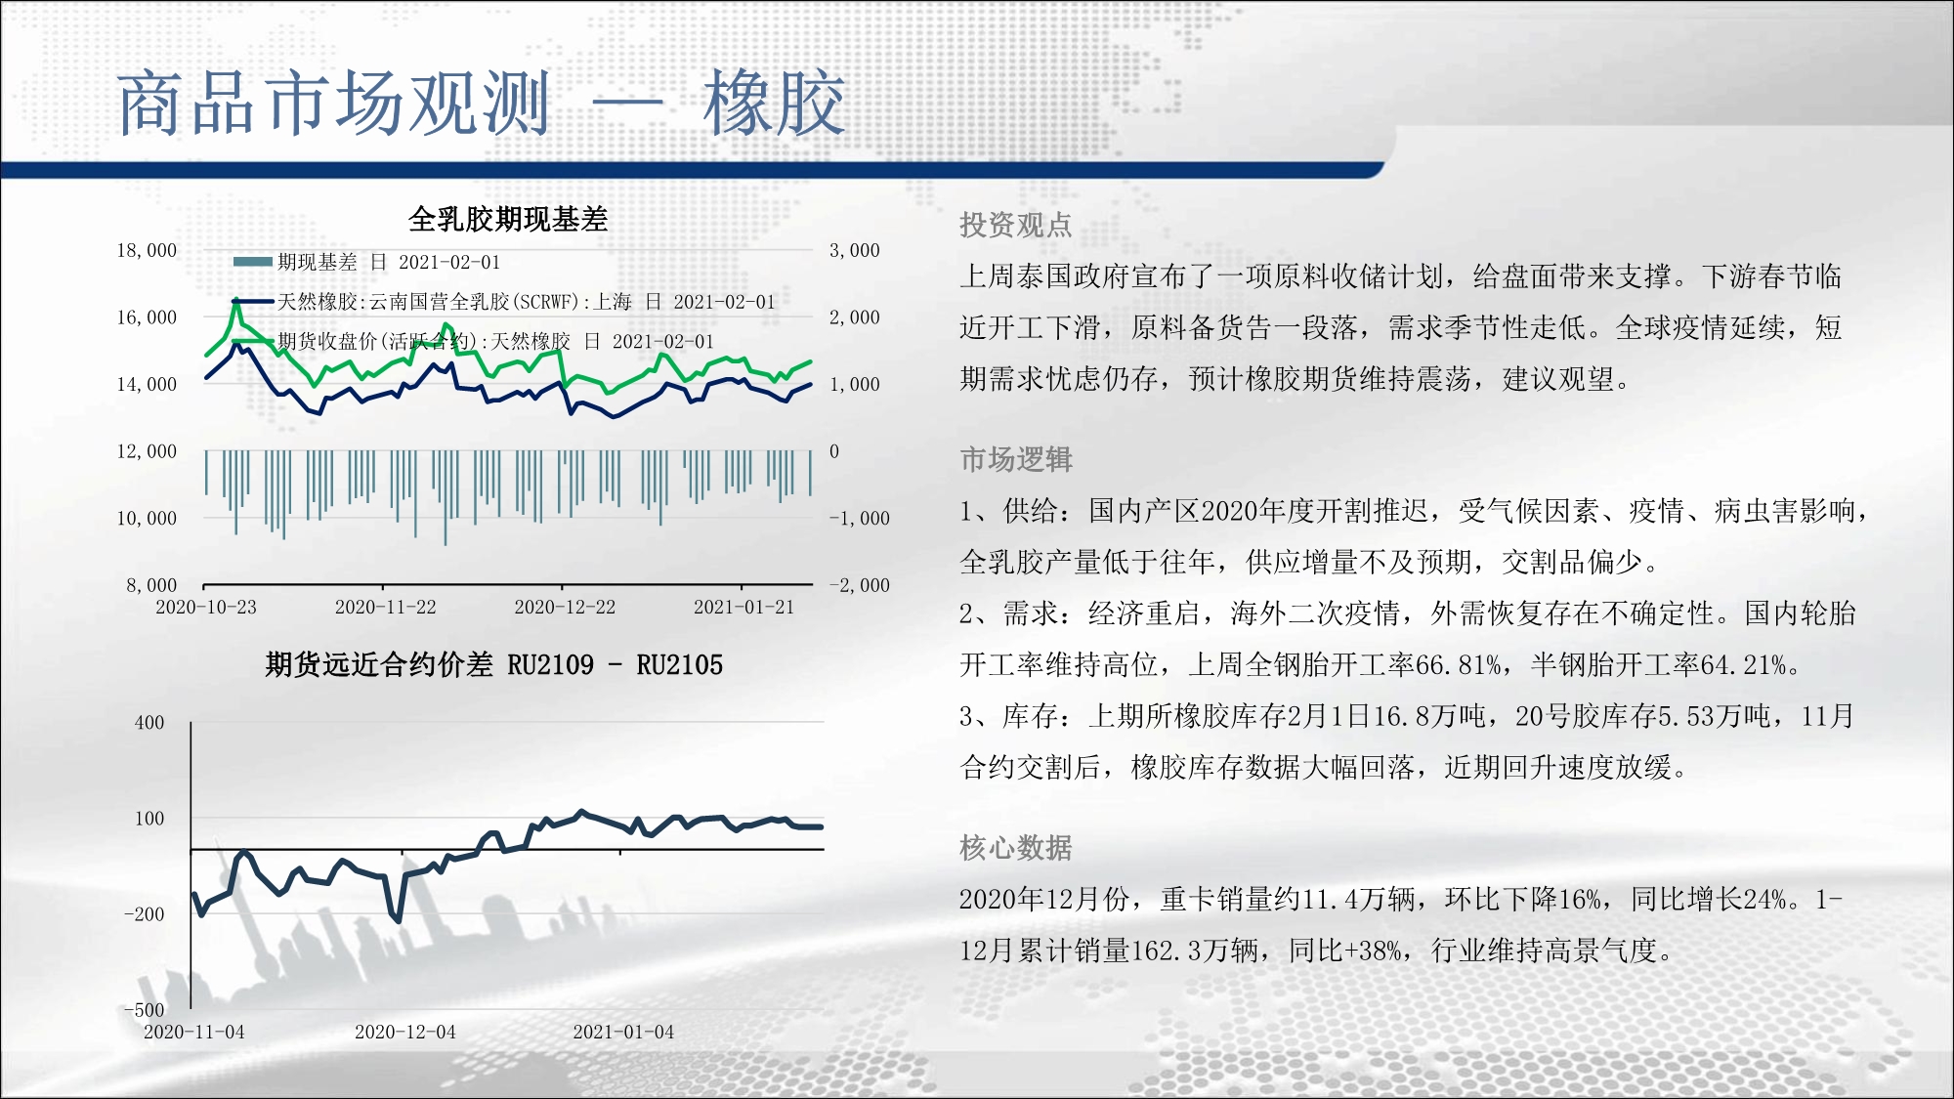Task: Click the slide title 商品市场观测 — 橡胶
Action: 481,103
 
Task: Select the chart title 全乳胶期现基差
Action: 508,219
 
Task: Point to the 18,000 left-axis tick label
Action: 147,250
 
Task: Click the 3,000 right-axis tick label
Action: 855,250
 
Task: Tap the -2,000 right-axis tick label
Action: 860,585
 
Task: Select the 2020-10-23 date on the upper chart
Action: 206,607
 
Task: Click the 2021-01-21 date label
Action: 744,607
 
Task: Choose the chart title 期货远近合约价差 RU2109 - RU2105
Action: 493,665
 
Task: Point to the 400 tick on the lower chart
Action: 149,723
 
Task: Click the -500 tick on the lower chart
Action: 145,1010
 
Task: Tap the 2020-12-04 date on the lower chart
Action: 405,1032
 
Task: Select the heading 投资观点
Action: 1016,226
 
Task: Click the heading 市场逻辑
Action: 1016,459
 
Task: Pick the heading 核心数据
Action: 1016,847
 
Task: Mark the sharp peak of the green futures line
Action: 236,302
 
